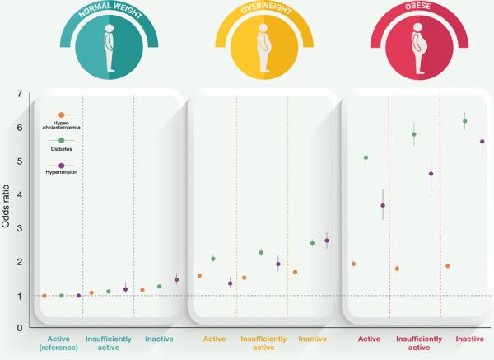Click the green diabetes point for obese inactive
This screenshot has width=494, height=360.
coord(465,121)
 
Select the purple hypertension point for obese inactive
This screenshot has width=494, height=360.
coord(482,142)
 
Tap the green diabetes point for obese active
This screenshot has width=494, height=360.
coord(366,157)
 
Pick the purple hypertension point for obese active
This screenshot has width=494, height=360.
coord(383,205)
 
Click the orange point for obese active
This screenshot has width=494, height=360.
coord(353,264)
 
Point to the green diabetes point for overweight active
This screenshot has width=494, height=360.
coord(213,259)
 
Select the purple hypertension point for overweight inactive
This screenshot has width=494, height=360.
coord(327,241)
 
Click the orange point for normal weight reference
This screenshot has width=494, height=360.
coord(44,296)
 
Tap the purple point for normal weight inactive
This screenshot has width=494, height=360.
coord(176,279)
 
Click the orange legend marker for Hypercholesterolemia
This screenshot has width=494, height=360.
coord(61,115)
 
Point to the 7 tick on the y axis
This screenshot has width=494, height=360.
coord(21,94)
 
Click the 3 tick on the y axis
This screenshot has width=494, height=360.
coord(21,228)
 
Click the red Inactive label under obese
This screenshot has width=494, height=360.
coord(469,339)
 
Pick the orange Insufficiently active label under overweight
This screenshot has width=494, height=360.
coord(264,343)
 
